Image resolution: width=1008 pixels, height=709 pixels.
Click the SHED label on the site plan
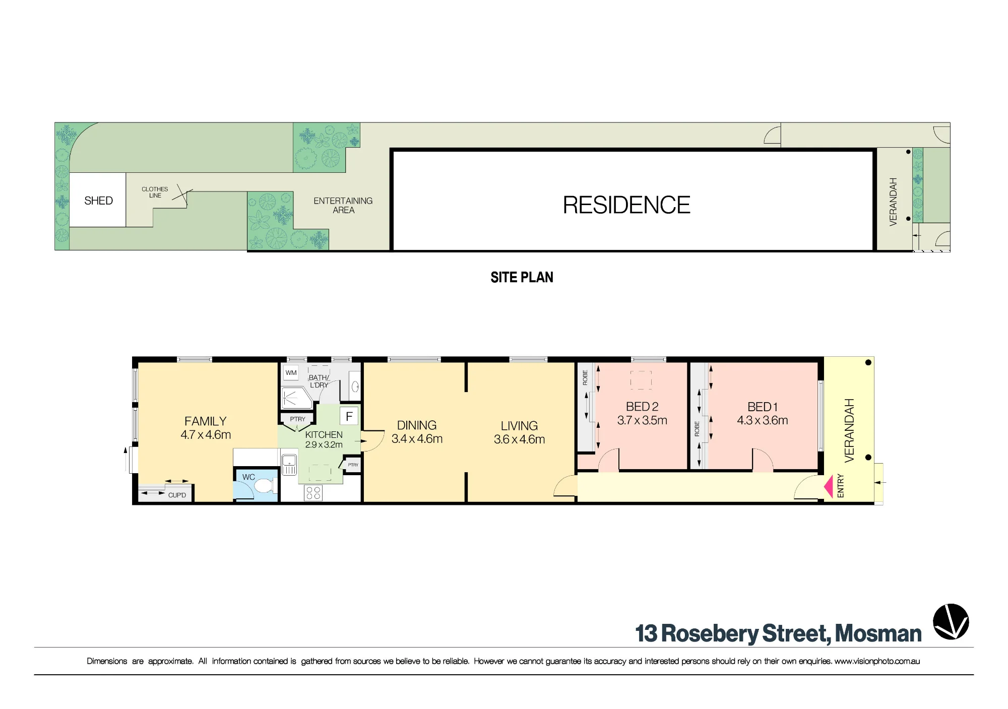point(98,201)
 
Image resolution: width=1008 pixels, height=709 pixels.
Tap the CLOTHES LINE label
point(155,192)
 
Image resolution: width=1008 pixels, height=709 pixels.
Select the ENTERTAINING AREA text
point(343,205)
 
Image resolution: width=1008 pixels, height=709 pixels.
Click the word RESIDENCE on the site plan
point(626,205)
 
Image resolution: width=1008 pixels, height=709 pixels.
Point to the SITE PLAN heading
point(522,277)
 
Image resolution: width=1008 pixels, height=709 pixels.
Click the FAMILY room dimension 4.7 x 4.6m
point(206,435)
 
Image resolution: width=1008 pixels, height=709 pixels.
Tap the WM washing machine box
point(291,373)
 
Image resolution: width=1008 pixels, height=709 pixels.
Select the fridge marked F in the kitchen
point(349,417)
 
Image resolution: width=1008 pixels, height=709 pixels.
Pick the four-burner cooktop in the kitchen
point(313,493)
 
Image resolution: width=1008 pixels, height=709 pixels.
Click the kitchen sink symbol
point(289,465)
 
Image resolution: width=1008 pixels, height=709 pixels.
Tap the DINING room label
point(417,425)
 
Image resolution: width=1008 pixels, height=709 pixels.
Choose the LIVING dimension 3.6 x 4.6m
point(519,439)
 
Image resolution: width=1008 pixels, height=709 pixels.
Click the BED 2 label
point(642,407)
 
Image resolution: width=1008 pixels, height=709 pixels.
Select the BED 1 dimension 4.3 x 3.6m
point(763,420)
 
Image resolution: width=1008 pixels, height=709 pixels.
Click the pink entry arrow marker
point(828,487)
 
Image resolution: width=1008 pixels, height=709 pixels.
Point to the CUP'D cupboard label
point(177,495)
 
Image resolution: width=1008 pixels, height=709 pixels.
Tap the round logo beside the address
point(951,621)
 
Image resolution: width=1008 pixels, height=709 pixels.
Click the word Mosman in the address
point(878,634)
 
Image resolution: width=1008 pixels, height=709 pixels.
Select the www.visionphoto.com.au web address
point(877,661)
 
